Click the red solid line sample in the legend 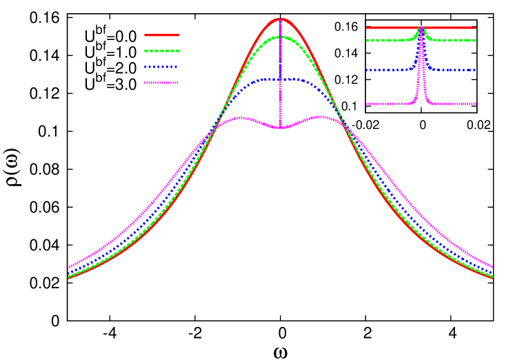tap(161, 34)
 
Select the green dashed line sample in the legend tap(161, 51)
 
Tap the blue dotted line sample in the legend tap(161, 67)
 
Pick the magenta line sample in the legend tap(161, 83)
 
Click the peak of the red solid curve tap(281, 19)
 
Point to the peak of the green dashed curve tap(281, 37)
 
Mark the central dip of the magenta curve tap(280, 128)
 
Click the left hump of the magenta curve tap(240, 118)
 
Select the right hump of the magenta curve tap(320, 117)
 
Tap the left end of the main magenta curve tap(68, 267)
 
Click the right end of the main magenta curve tap(492, 266)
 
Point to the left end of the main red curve tap(68, 277)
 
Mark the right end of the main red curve tap(492, 277)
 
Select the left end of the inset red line tap(367, 28)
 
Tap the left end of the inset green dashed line tap(367, 41)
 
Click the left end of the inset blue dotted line tap(367, 70)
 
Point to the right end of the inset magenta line tap(476, 104)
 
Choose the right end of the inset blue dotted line tap(476, 70)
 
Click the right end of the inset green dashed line tap(476, 41)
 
